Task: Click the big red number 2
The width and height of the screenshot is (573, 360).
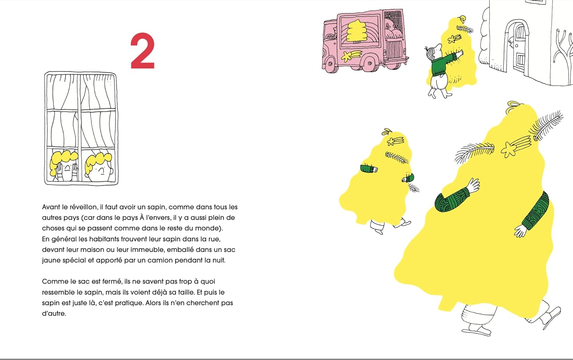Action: (143, 51)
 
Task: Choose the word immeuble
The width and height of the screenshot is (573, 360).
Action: (148, 250)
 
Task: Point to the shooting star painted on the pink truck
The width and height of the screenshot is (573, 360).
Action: (352, 56)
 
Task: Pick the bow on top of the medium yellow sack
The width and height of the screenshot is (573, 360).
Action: (387, 131)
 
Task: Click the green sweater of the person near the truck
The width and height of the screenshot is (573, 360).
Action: (442, 65)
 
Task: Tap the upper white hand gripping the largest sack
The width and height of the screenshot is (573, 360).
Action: (473, 185)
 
